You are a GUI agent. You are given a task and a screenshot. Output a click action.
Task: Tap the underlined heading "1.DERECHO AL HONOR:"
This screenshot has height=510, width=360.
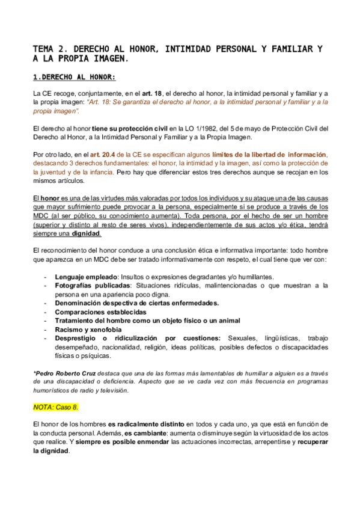(74, 77)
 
